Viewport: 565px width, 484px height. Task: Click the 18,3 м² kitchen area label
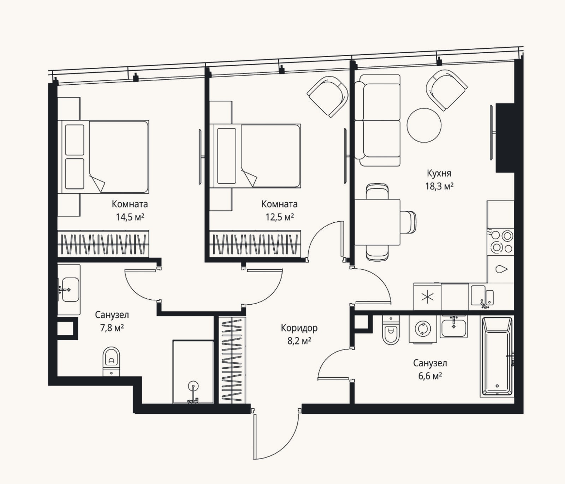439,186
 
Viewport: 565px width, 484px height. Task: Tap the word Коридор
299,328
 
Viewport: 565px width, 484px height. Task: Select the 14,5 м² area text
130,217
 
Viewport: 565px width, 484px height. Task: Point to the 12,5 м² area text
280,217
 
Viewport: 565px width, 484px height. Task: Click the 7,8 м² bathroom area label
112,328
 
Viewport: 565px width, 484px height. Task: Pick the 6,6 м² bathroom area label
430,376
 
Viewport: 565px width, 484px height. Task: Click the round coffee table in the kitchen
424,125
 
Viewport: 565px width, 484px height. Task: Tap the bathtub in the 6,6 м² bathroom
497,356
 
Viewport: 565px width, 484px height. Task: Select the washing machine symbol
423,329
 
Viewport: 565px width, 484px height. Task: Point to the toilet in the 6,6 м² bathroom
391,330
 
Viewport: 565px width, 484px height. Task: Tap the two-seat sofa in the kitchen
377,120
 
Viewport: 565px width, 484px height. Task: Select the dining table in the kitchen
377,222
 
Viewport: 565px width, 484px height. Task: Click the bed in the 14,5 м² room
103,157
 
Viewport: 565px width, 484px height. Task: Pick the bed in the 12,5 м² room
255,156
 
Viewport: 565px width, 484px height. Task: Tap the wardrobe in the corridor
232,360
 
